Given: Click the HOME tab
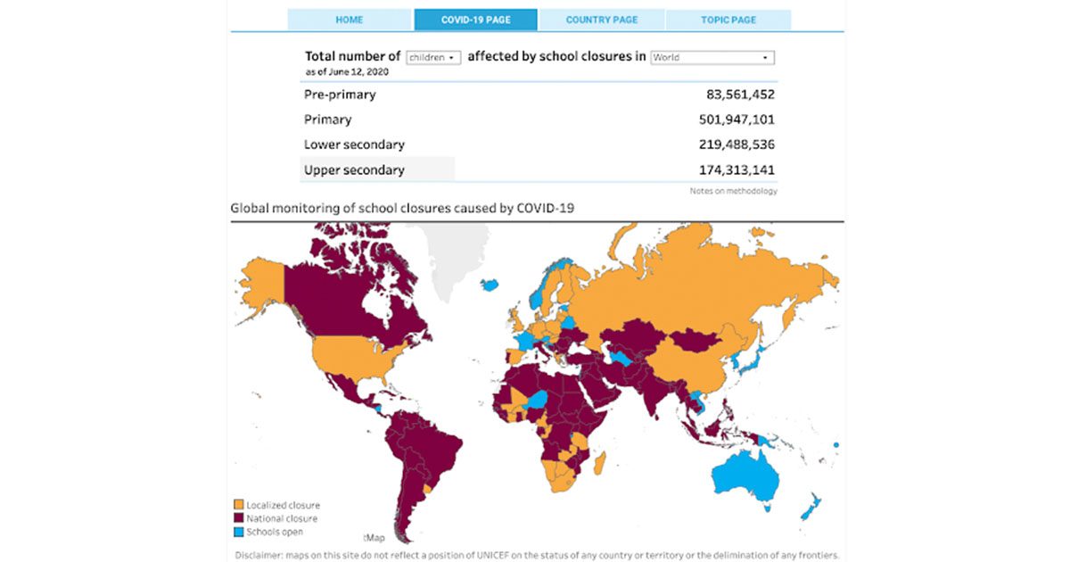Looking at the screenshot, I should coord(349,20).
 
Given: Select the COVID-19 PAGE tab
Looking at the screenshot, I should coord(475,20).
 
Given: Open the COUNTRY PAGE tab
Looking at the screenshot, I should coord(601,20).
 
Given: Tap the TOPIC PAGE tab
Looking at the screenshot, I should coord(728,20).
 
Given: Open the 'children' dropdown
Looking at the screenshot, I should coord(433,57).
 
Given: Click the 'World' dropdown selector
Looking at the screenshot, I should coord(712,57).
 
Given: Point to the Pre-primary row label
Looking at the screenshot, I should coord(340,95).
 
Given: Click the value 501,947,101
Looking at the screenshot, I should coord(737,120).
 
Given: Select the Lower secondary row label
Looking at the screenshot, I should coord(354,145).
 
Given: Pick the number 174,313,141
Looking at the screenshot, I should coord(737,169).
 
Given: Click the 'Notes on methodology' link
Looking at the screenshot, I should coord(732,191).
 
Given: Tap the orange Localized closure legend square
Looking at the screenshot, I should coord(238,505).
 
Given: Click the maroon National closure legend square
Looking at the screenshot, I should coord(238,518).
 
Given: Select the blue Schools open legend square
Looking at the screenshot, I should coord(238,532).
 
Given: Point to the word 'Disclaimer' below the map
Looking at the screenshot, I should coord(259,555).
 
